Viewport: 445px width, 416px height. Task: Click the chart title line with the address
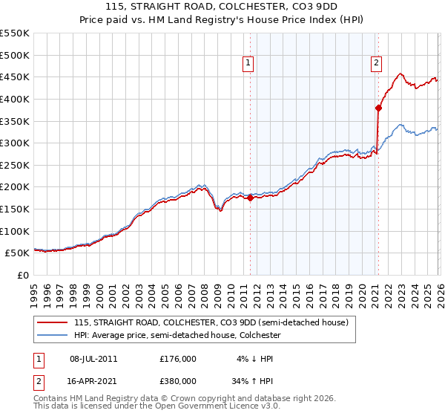(222, 8)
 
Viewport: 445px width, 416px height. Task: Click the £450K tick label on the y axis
(15, 77)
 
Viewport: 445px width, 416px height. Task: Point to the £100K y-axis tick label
(15, 231)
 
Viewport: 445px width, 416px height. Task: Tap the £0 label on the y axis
(24, 275)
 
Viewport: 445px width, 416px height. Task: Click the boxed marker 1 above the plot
(248, 64)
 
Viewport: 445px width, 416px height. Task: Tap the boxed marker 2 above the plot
(377, 64)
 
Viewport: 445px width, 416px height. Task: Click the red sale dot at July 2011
(250, 198)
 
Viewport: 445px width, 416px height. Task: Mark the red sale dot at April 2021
(378, 108)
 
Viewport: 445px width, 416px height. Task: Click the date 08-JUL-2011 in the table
(93, 359)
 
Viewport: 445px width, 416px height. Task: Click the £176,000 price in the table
(178, 359)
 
